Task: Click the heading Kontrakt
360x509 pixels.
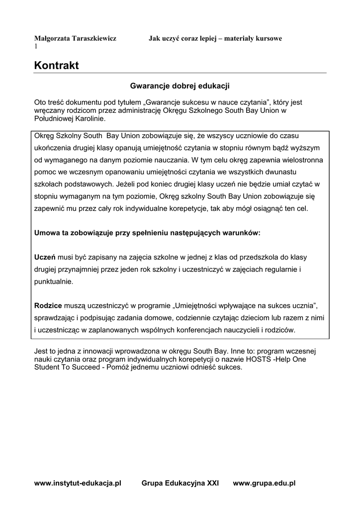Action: click(56, 66)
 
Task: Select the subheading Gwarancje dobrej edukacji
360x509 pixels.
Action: click(180, 86)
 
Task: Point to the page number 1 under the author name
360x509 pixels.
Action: click(36, 46)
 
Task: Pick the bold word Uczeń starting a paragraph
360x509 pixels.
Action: click(45, 257)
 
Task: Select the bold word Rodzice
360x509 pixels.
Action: click(48, 305)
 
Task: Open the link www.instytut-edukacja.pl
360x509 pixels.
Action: click(78, 483)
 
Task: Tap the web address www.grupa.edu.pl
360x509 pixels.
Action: click(265, 483)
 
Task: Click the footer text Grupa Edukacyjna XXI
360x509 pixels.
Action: click(180, 483)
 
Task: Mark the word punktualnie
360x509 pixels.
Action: click(54, 281)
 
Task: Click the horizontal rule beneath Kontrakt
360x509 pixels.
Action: click(180, 73)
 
